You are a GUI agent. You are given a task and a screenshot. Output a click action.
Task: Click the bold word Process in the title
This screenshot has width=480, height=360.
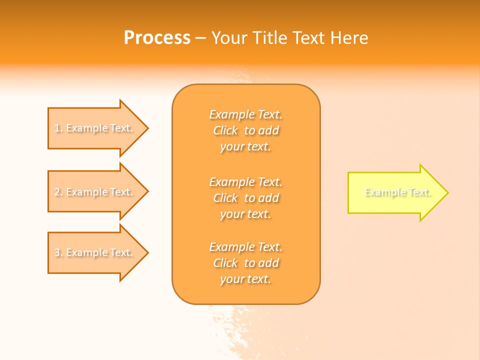tap(157, 38)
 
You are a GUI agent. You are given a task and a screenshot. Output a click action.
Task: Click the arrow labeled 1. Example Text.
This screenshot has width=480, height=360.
tap(95, 128)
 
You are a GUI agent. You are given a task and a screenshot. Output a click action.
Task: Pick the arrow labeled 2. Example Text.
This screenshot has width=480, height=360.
tap(95, 192)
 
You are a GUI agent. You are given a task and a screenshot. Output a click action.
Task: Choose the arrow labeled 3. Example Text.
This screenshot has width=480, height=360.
tap(95, 252)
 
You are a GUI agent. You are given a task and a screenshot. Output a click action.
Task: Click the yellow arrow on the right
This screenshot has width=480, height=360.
tap(395, 192)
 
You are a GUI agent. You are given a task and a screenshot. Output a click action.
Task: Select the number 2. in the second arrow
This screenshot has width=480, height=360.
tap(58, 192)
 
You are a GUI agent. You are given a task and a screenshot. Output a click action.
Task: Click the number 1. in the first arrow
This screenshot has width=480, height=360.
tap(58, 128)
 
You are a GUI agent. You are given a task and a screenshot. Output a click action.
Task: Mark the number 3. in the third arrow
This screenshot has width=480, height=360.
tap(58, 252)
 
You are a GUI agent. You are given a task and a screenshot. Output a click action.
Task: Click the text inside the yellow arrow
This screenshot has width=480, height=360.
tap(397, 192)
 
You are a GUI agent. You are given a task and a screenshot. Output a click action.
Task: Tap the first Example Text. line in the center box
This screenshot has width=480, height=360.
tap(245, 115)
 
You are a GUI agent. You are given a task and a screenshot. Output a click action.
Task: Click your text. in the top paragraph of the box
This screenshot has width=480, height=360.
tap(245, 147)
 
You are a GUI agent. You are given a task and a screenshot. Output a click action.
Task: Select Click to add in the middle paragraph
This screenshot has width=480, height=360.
tap(245, 198)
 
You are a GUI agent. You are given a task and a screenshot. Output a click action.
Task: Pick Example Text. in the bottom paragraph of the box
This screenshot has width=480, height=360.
tap(245, 247)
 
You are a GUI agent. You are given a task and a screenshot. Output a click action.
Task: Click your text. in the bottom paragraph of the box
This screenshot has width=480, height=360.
tap(245, 279)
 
